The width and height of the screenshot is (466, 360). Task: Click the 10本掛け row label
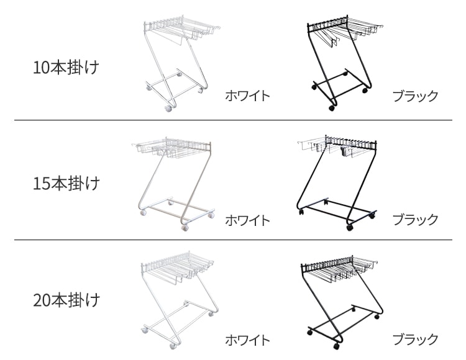click(66, 67)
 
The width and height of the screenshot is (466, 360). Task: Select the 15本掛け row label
click(66, 183)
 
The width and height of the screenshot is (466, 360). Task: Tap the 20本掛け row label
click(66, 300)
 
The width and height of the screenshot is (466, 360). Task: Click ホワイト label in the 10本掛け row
click(247, 96)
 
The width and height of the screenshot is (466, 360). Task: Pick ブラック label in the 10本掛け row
click(416, 96)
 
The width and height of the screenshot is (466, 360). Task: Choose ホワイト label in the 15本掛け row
click(247, 220)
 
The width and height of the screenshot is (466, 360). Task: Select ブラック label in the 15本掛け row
click(416, 220)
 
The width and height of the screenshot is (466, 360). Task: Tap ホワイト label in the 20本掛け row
click(247, 340)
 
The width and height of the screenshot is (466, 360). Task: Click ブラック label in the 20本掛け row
click(416, 339)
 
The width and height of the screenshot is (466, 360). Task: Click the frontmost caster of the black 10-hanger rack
click(331, 108)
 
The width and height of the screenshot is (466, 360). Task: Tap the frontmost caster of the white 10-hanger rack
click(168, 109)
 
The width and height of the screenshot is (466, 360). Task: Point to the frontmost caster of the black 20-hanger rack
click(337, 346)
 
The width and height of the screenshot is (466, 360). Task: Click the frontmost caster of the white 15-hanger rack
click(185, 228)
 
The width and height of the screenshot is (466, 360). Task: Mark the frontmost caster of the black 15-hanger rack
click(350, 228)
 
